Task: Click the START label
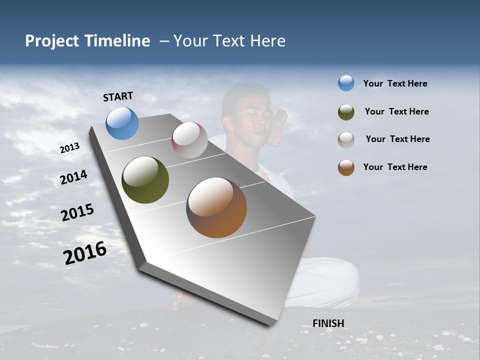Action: [118, 96]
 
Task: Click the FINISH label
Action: [328, 323]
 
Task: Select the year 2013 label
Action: [69, 148]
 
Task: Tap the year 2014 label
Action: [73, 177]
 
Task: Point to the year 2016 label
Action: [84, 252]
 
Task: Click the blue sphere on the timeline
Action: [122, 123]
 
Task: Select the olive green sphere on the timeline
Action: [145, 180]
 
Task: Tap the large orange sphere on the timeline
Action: [216, 207]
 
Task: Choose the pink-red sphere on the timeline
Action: [189, 140]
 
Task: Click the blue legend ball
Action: [346, 83]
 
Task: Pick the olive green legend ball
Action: [346, 112]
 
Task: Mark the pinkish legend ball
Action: [346, 140]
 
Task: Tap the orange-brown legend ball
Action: [346, 167]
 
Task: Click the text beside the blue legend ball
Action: [395, 84]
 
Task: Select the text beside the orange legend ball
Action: [395, 167]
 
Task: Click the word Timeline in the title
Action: [117, 41]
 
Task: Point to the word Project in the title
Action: [52, 41]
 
